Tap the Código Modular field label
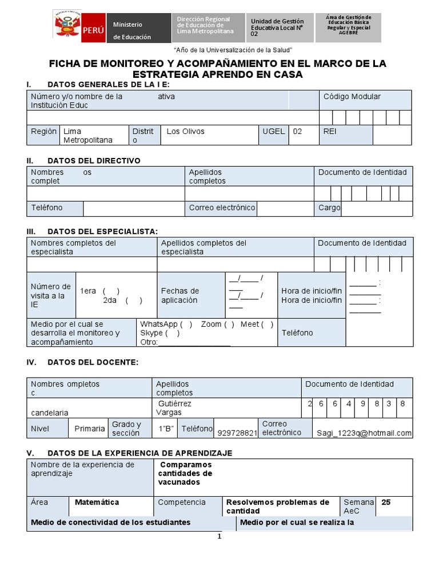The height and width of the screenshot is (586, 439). coord(352,97)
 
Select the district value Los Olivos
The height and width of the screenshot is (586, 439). coord(186,132)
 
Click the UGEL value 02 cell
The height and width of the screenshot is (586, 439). coord(297,132)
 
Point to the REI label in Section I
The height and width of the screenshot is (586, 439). coord(330,132)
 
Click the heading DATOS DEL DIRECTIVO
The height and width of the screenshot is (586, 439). coord(94,161)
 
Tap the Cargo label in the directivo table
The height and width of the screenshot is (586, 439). coord(329,208)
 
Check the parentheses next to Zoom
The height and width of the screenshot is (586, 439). coord(229,324)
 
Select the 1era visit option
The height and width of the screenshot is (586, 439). coord(100,291)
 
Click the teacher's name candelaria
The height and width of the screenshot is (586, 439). coord(50,413)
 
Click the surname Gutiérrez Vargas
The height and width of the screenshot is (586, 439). coord(174,408)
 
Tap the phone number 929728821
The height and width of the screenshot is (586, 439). coord(237,433)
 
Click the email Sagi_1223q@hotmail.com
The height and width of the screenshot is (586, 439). coord(364,433)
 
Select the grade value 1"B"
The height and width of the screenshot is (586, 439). coord(166,429)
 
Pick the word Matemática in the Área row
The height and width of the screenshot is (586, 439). coord(97,502)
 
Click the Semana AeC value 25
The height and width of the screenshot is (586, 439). coord(386,502)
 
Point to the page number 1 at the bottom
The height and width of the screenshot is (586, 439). coord(218,537)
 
